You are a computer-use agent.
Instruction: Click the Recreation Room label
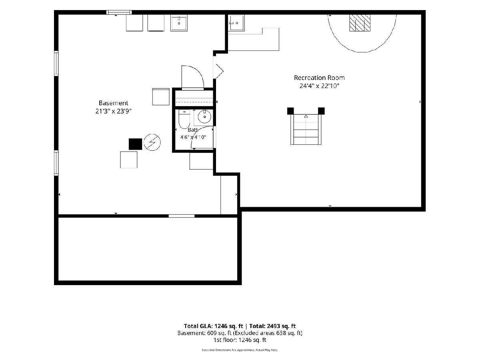(x=319, y=78)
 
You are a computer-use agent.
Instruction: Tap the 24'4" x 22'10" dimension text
(x=319, y=86)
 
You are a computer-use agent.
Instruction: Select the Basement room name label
(x=113, y=103)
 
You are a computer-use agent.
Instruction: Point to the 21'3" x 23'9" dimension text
(x=113, y=111)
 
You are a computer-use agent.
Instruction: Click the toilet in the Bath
(x=184, y=119)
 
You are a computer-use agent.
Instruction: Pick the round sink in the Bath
(x=204, y=117)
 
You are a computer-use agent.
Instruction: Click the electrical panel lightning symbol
(x=152, y=142)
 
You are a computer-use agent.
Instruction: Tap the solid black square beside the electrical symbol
(x=135, y=144)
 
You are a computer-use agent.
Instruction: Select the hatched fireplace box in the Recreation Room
(x=360, y=23)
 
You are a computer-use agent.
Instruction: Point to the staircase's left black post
(x=290, y=111)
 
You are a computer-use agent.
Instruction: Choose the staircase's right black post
(x=321, y=111)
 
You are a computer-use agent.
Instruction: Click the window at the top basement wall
(x=119, y=12)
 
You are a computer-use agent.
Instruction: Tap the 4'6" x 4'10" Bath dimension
(x=193, y=137)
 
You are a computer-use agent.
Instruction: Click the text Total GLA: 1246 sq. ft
(x=214, y=326)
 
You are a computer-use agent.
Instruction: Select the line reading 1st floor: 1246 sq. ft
(x=240, y=340)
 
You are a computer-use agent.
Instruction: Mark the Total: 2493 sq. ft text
(x=272, y=326)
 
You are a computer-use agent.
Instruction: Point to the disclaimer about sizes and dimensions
(x=240, y=350)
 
